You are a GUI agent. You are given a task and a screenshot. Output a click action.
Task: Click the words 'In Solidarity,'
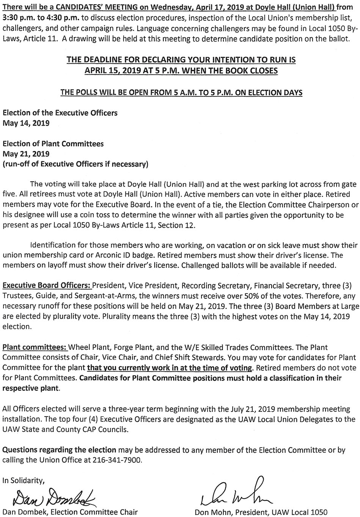pyautogui.click(x=24, y=480)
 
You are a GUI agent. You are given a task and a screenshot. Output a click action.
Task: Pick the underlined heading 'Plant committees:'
pyautogui.click(x=35, y=347)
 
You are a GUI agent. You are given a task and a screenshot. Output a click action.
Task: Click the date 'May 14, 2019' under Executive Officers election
pyautogui.click(x=26, y=123)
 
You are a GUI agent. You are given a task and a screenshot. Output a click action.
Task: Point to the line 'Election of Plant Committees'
pyautogui.click(x=53, y=144)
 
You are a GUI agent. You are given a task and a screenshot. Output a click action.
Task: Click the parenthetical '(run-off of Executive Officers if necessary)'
pyautogui.click(x=75, y=164)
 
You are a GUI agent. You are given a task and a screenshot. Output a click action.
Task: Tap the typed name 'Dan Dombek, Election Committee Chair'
pyautogui.click(x=70, y=511)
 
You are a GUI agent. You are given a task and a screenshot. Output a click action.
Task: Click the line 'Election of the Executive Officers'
pyautogui.click(x=60, y=113)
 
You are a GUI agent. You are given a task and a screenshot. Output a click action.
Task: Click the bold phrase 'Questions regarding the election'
pyautogui.click(x=59, y=450)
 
